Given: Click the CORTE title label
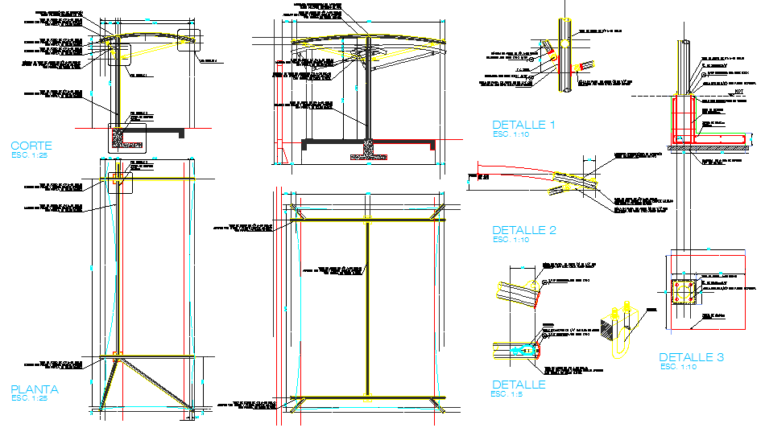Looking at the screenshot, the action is [31, 146].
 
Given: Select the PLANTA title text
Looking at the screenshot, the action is [35, 389].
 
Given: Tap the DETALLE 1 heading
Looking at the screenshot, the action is [523, 125].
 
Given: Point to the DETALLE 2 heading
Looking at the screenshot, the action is [523, 230].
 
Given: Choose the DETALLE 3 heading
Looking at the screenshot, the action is [691, 357].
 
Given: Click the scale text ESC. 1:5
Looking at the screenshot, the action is [509, 394].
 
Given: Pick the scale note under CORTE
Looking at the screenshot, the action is [29, 155].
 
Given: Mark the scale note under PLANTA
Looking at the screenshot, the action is [30, 398].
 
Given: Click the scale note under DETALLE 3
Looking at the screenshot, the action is [678, 367].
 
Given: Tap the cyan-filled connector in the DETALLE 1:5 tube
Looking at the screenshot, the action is [524, 349].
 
